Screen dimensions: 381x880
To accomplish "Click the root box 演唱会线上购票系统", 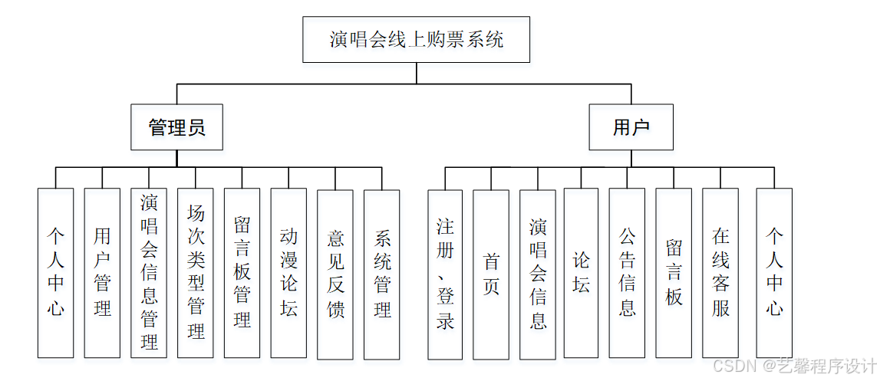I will tap(416, 40).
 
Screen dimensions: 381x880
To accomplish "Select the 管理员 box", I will tap(176, 127).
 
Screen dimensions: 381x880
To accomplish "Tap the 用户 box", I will tap(631, 127).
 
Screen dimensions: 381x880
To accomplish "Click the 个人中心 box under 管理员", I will tap(56, 272).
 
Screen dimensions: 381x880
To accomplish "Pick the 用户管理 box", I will tap(102, 272).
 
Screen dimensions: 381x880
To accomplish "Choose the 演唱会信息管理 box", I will tap(149, 272).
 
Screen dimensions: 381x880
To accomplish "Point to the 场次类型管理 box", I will tap(196, 272).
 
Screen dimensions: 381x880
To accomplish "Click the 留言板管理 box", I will tap(242, 272).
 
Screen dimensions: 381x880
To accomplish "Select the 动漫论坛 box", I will tap(288, 272).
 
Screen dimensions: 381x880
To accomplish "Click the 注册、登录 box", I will tap(445, 274).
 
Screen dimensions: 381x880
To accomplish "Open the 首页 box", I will tap(491, 274).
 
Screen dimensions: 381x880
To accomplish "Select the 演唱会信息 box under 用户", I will tap(538, 274).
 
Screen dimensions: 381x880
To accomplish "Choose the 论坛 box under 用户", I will tap(581, 274).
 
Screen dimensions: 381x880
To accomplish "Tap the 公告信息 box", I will tap(627, 274).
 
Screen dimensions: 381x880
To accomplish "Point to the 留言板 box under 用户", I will tap(674, 274).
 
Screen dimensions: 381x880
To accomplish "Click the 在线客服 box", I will tap(720, 274).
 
